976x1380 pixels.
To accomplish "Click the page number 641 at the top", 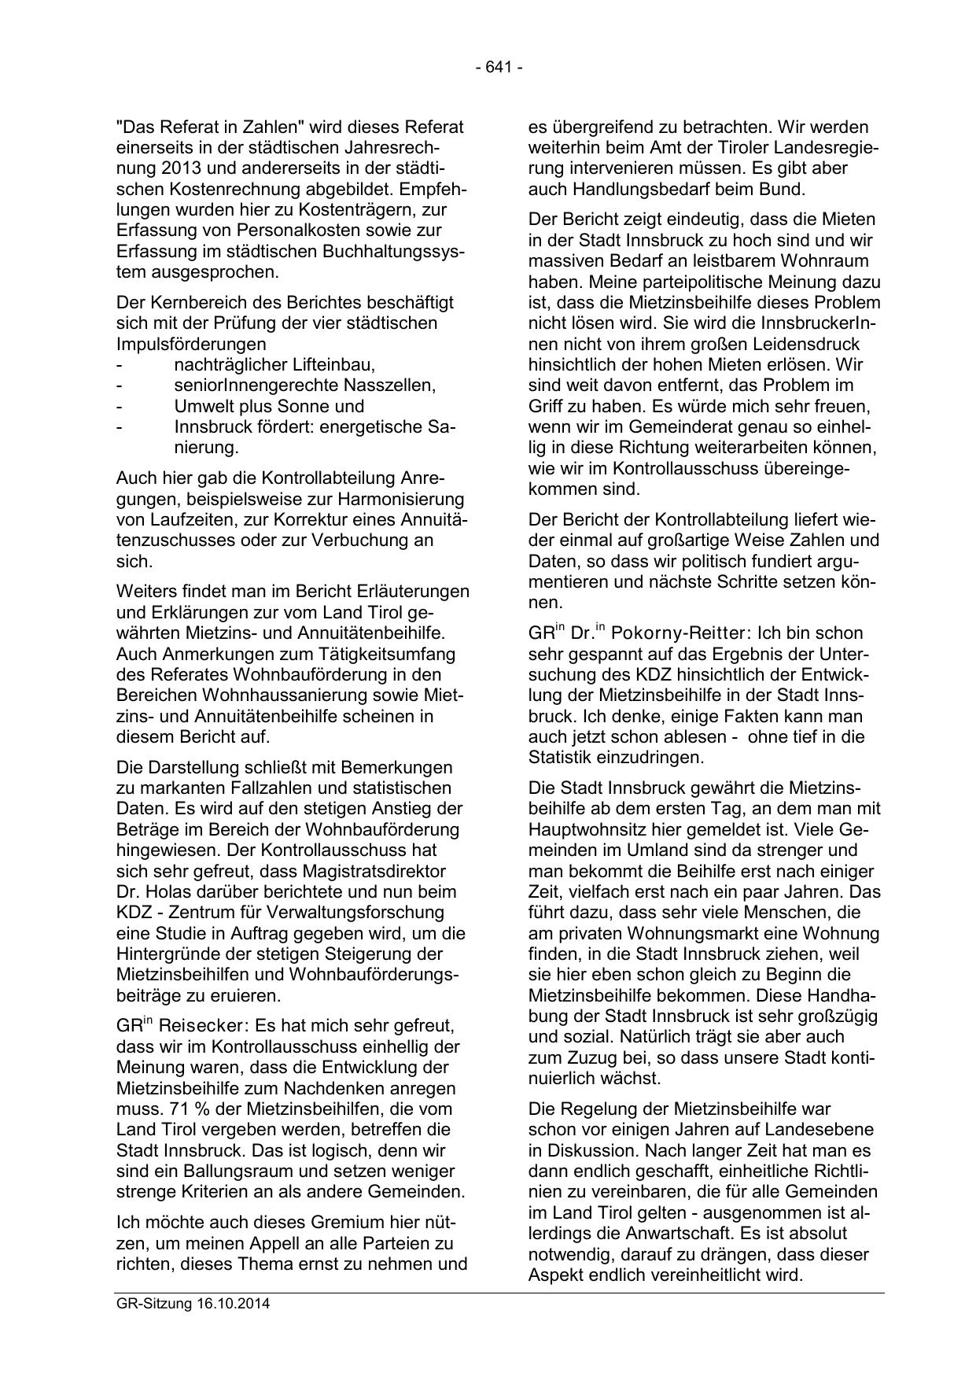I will tap(499, 68).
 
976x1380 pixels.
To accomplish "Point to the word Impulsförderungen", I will tap(190, 344).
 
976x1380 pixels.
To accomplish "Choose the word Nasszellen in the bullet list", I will tap(389, 386).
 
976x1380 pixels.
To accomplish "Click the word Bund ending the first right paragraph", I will tap(783, 189).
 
